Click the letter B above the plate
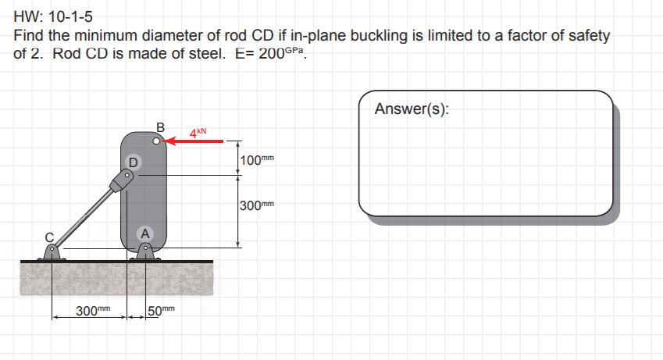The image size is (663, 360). (160, 127)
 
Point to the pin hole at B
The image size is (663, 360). (157, 142)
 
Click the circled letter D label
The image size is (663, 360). (132, 162)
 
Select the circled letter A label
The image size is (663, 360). (144, 232)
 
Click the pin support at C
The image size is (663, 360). (52, 251)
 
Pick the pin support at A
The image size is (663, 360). (145, 251)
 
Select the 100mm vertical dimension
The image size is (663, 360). (257, 160)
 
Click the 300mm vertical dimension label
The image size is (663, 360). (258, 205)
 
